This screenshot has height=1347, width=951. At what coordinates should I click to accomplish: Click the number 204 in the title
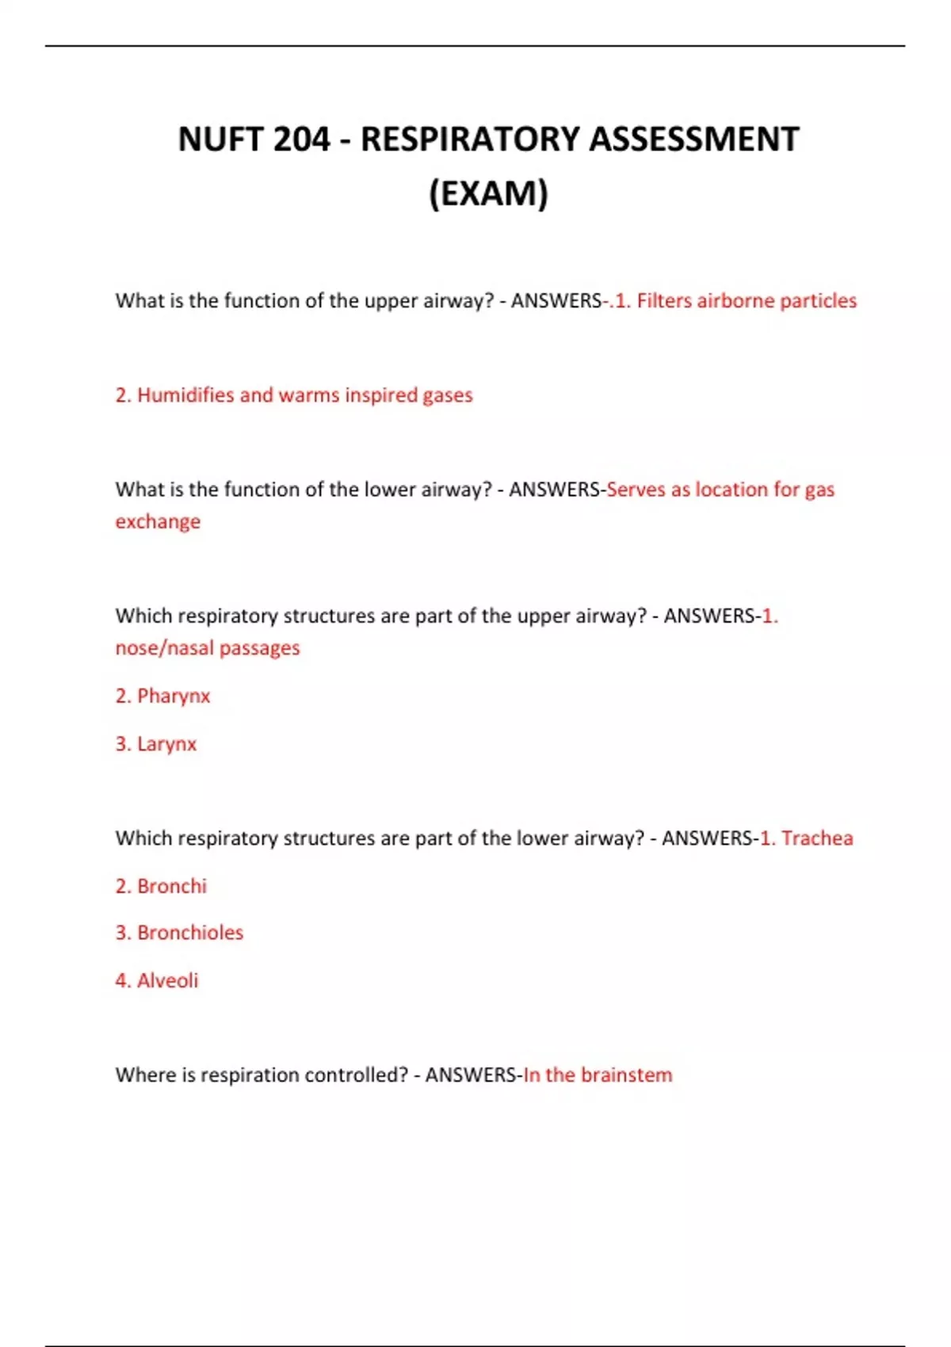(x=301, y=139)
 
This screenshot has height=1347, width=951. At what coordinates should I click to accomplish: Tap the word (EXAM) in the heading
(x=488, y=193)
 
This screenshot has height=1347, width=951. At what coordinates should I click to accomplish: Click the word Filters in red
(x=664, y=301)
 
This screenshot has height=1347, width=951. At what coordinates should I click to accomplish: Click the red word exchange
(x=158, y=521)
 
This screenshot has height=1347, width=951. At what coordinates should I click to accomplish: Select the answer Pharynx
(x=173, y=696)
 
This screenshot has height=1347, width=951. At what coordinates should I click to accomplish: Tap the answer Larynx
(x=166, y=744)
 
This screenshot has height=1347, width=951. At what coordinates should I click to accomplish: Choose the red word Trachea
(x=817, y=838)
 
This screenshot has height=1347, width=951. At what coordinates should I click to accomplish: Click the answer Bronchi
(x=171, y=886)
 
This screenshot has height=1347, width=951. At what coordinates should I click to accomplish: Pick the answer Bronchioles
(x=190, y=933)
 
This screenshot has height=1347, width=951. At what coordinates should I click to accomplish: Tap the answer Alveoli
(x=167, y=981)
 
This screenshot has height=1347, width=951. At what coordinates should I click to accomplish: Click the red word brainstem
(x=626, y=1075)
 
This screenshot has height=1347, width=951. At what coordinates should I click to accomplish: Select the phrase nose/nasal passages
(x=208, y=648)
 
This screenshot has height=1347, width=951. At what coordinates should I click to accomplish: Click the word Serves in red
(x=636, y=490)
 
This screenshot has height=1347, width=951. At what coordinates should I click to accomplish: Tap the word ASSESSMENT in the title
(x=694, y=139)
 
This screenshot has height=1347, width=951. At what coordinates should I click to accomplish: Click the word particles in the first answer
(x=818, y=301)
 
